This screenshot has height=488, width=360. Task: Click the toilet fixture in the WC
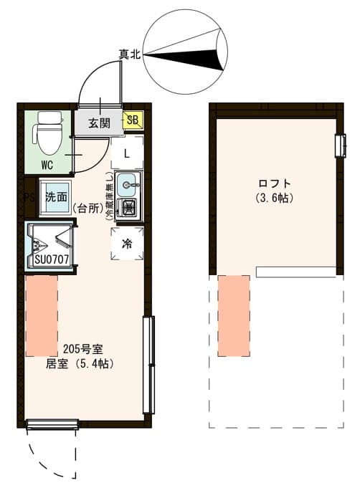49,133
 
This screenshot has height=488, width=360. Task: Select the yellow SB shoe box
133,120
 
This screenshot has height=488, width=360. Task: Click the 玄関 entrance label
99,123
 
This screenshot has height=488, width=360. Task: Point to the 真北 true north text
130,54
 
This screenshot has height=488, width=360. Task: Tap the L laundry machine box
126,153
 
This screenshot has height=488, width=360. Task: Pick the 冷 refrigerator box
127,243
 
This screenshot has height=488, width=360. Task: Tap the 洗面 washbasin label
56,197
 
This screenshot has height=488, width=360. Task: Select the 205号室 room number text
83,350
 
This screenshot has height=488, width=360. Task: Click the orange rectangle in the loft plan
233,315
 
